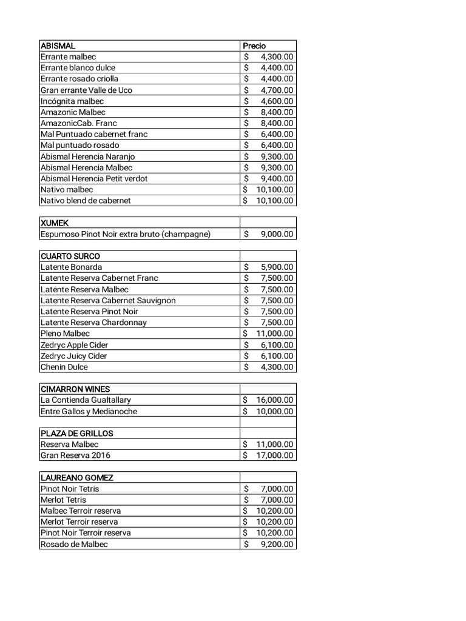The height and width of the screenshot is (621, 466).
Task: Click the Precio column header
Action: coord(254,45)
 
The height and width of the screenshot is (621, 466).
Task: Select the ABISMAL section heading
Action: coord(58,45)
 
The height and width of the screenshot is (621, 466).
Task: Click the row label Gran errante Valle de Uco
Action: coord(86,90)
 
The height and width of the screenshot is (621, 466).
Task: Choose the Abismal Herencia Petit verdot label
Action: coord(94,178)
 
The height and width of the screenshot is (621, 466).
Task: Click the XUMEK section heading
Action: coord(55,223)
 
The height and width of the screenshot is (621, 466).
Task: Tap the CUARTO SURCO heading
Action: coord(70,256)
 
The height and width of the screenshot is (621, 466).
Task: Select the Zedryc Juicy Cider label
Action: coord(73,356)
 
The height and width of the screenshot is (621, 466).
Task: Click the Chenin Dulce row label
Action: coord(64,367)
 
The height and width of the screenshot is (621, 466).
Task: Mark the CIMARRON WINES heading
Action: coord(75,389)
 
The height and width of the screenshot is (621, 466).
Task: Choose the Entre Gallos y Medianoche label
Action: coord(89,411)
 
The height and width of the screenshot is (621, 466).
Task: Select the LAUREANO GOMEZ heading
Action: coord(77,477)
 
